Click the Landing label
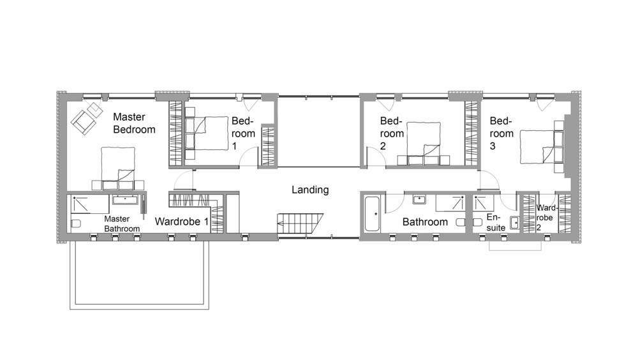click(310, 190)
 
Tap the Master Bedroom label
click(134, 123)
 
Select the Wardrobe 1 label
click(181, 221)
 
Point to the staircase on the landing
click(300, 223)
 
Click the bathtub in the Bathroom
click(372, 214)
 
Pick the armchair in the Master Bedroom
click(84, 121)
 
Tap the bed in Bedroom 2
click(424, 144)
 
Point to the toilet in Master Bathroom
click(76, 223)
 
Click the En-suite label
click(496, 223)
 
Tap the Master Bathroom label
click(122, 224)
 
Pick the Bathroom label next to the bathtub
click(425, 222)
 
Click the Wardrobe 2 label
click(544, 218)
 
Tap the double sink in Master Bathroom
click(125, 200)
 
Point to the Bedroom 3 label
click(501, 133)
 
